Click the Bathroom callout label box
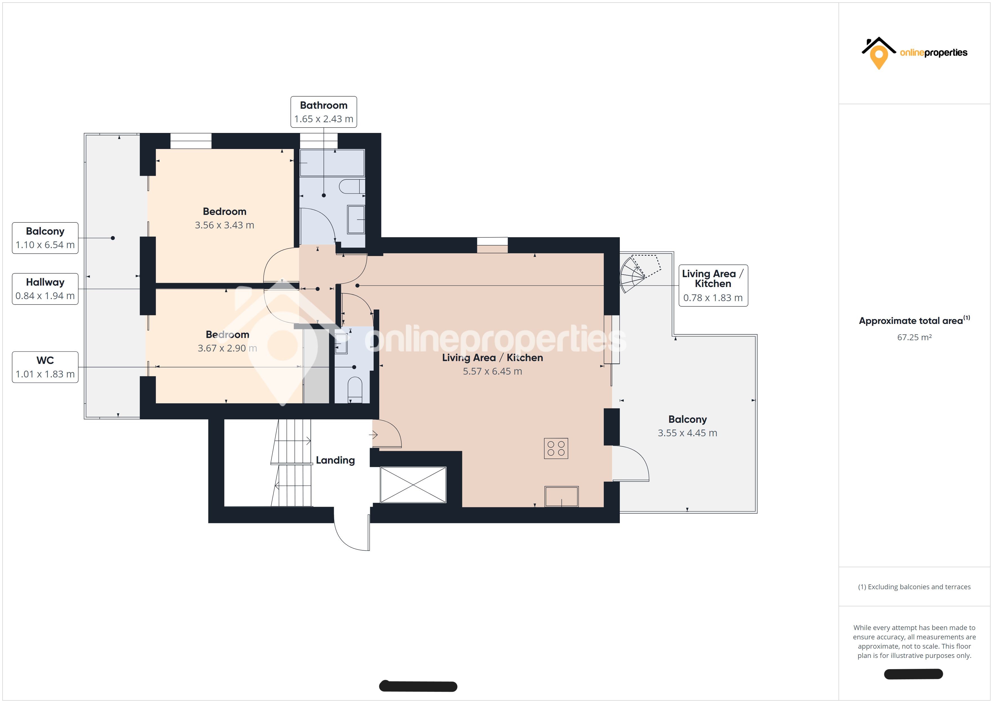point(323,112)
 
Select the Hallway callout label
point(45,289)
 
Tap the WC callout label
point(45,367)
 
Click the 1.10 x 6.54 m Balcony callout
point(45,238)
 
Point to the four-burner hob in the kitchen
point(556,448)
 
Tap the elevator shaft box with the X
point(413,485)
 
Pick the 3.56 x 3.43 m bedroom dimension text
point(224,225)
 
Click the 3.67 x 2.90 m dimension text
point(227,348)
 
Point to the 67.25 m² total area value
point(914,337)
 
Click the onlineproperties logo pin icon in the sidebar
point(878,57)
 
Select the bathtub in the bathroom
point(332,163)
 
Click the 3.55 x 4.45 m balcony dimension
point(687,433)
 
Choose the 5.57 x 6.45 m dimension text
point(492,371)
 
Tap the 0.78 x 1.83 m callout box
point(713,286)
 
